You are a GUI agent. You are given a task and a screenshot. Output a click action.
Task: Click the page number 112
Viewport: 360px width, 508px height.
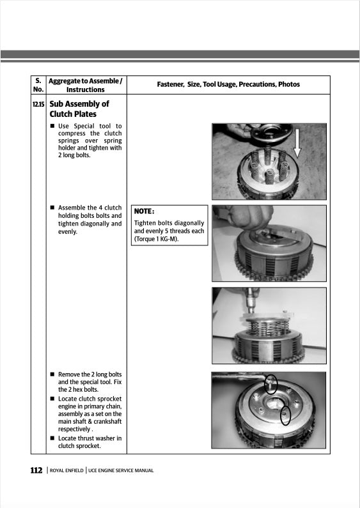(36, 471)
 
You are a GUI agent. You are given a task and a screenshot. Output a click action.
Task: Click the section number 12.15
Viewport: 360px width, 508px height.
(38, 104)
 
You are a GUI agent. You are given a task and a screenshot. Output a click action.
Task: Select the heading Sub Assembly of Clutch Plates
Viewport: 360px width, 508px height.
(79, 109)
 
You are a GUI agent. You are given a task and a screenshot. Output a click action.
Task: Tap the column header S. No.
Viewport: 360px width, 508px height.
(38, 85)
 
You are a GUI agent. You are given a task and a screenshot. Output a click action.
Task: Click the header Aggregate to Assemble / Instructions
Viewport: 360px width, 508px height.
(85, 85)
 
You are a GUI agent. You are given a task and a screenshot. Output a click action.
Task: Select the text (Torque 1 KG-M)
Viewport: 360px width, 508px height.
(156, 239)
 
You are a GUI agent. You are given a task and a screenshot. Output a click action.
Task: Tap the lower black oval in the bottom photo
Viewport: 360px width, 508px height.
(285, 415)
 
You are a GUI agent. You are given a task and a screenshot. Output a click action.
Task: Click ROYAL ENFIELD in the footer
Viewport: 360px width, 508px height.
(67, 472)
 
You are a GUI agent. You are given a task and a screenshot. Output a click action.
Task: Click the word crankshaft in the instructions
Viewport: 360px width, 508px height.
(104, 422)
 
